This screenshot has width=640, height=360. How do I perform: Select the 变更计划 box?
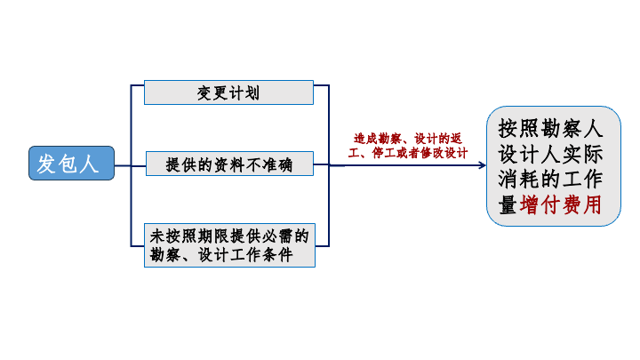228,92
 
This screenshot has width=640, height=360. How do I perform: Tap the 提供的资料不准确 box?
228,164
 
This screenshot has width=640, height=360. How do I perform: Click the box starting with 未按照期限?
228,245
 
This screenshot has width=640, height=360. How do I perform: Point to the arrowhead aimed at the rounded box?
481,165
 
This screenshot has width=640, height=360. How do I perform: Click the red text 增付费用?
560,204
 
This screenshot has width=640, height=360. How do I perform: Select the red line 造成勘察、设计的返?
408,139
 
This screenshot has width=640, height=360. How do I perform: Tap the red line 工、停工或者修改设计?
408,153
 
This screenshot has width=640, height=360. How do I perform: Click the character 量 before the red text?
508,204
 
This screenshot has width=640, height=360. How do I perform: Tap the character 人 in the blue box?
92,164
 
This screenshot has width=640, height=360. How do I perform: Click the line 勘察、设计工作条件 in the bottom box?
228,255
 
